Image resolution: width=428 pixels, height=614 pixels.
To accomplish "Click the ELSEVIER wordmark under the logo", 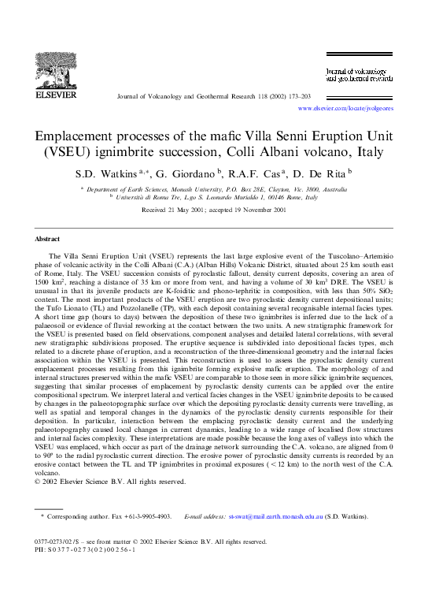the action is click(x=53, y=99).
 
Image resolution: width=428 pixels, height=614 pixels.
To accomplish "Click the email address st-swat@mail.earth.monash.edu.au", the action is click(x=283, y=517).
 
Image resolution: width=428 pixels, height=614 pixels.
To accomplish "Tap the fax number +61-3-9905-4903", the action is click(x=150, y=517).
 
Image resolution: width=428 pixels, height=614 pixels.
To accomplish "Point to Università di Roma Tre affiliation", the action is click(x=149, y=199).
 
